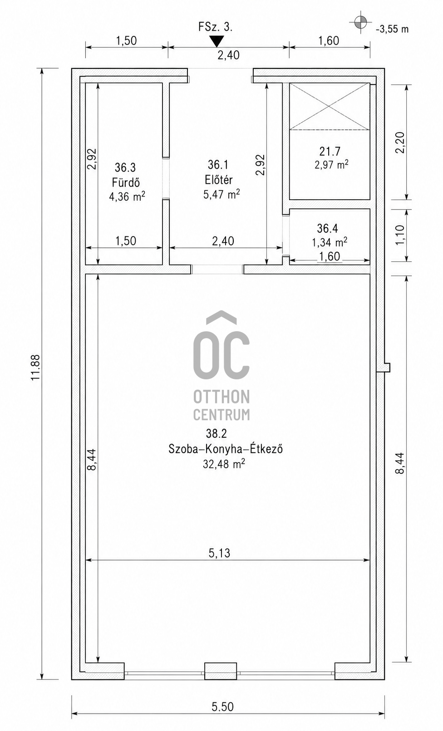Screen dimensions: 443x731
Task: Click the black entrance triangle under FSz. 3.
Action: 217,41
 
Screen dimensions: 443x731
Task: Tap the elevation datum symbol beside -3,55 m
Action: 360,22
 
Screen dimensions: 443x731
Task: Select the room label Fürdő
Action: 126,182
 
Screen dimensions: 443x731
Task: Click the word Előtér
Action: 219,180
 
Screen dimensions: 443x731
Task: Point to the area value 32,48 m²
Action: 224,464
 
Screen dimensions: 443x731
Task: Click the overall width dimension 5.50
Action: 223,707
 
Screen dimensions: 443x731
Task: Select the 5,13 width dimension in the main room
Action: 219,553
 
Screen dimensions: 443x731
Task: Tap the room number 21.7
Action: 330,152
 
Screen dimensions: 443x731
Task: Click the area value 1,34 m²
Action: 330,242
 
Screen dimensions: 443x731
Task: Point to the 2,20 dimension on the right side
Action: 400,142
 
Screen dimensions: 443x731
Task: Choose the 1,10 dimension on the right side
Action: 400,235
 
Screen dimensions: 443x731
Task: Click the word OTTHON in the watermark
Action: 221,397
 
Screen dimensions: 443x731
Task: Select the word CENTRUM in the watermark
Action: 221,414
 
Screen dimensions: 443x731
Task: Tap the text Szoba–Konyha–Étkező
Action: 226,449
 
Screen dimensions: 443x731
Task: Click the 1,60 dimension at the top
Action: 329,41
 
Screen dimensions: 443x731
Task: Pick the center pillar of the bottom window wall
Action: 221,671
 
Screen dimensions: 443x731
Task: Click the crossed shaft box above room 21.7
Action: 330,106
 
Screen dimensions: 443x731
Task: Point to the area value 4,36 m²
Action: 127,196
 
